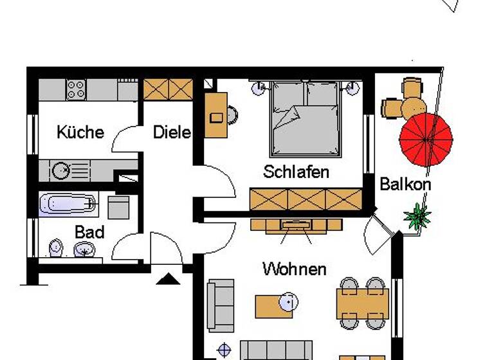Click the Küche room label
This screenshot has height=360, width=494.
point(80,132)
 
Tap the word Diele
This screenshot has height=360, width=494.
point(172,132)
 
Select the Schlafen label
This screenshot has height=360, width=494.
point(296,172)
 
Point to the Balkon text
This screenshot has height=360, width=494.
point(405,184)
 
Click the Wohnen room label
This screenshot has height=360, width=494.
point(295,269)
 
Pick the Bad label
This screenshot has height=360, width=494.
point(89,231)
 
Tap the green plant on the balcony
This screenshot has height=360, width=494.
point(418,215)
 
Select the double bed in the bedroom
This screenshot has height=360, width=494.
point(304,119)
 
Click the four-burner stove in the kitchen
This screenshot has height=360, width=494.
point(76,89)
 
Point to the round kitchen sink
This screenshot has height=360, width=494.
point(62,170)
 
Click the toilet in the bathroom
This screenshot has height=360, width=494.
point(56,247)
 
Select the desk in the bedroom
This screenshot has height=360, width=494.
point(215,115)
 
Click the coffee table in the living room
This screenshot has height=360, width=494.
point(274,305)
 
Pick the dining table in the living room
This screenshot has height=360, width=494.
point(362,304)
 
